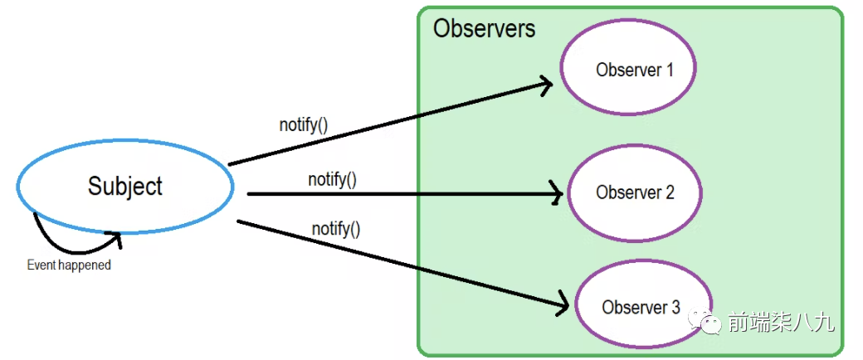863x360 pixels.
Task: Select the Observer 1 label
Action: pos(635,71)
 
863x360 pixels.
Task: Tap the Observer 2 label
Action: pos(635,192)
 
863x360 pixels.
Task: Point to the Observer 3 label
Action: pos(641,307)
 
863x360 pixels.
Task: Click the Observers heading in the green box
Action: pos(484,29)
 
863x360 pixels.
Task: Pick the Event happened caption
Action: pos(69,265)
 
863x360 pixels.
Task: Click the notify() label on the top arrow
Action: pos(303,125)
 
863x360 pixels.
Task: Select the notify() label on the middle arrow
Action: pos(332,180)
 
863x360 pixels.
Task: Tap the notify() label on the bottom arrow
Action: pos(336,228)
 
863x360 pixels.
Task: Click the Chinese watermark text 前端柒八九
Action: pos(782,323)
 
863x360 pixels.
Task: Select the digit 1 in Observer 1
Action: pos(669,71)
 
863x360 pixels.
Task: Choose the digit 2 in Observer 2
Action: pos(670,192)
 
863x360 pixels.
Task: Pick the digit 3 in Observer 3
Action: pos(675,307)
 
